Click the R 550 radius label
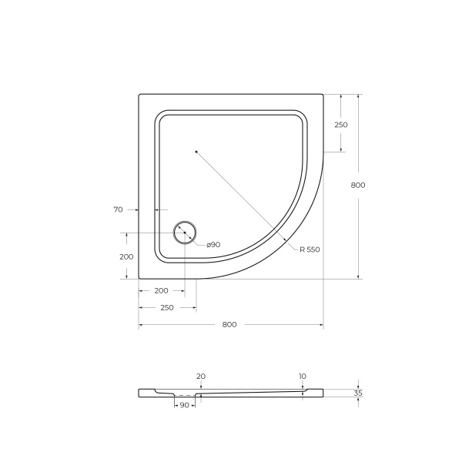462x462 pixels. tap(309, 249)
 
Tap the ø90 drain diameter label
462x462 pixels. tap(213, 244)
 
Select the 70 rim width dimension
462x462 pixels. tap(118, 209)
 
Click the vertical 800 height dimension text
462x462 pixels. tap(357, 185)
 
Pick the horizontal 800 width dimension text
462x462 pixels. tap(229, 324)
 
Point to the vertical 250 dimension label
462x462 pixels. tap(341, 125)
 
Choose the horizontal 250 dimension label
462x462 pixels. tap(166, 307)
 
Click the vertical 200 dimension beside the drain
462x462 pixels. tap(126, 256)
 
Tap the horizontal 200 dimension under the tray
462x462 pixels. tap(161, 290)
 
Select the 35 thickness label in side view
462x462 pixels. tap(358, 393)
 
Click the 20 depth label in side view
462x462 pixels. tap(201, 376)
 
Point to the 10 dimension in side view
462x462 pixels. tap(303, 376)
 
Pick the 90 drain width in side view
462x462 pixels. tap(184, 404)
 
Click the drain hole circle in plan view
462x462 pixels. tap(185, 232)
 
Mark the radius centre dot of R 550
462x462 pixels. tap(196, 152)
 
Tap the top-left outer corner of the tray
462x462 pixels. tap(139, 95)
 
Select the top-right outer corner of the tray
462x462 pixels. tap(322, 95)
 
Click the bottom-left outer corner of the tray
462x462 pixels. tap(139, 278)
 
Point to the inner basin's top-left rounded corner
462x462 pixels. tap(160, 117)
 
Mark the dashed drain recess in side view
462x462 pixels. tap(184, 395)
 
